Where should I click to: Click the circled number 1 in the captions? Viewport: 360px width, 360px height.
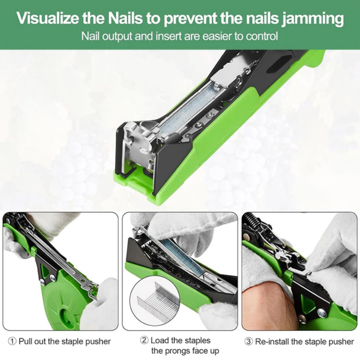[x=12, y=342]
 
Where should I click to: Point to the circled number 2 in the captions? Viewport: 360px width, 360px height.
[x=144, y=340]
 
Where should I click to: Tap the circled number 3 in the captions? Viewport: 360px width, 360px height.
[x=248, y=342]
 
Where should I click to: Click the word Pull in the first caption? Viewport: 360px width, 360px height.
[x=26, y=341]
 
